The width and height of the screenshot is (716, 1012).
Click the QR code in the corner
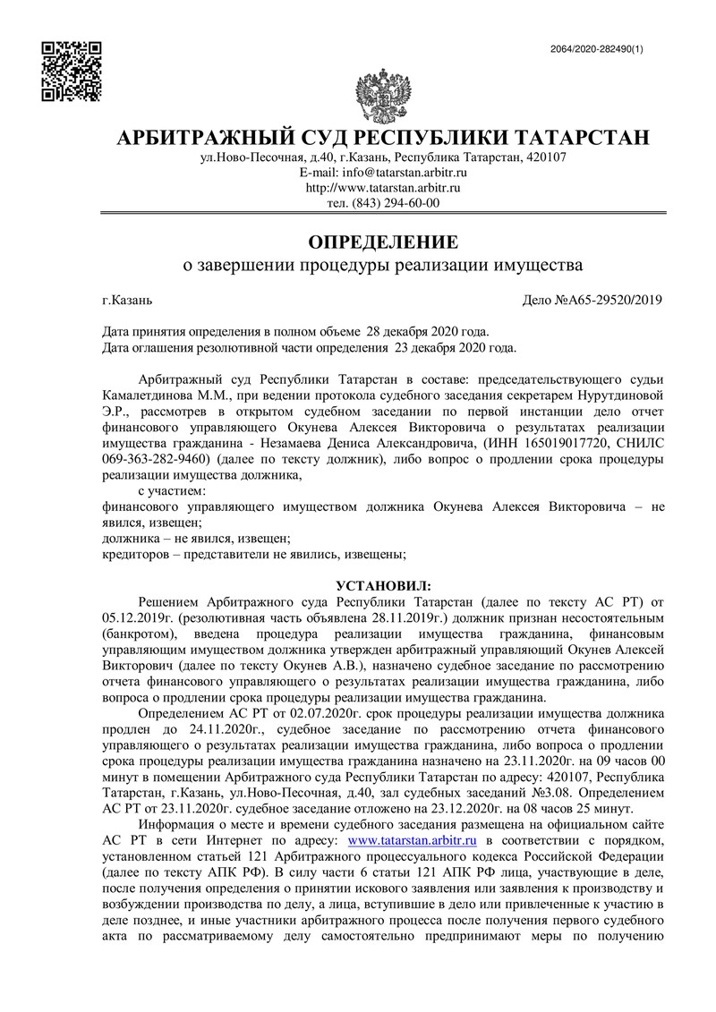[72, 71]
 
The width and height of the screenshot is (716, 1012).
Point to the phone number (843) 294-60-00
[395, 204]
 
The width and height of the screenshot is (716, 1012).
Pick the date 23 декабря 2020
[442, 346]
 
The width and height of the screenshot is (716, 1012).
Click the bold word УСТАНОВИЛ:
[382, 585]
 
